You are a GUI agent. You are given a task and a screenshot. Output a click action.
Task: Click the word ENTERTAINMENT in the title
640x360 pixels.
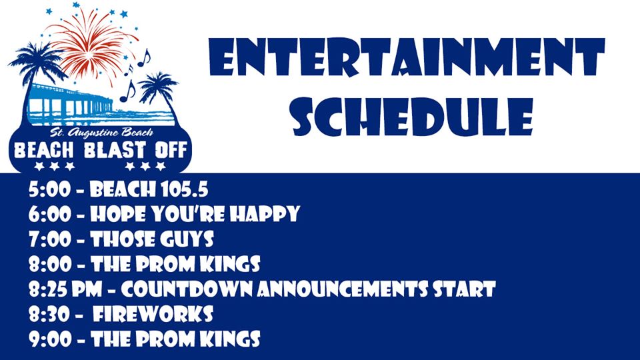click(x=407, y=57)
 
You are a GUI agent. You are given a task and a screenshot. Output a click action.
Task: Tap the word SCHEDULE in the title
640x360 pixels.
click(x=413, y=117)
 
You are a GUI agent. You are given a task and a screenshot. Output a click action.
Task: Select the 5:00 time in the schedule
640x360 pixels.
click(x=49, y=190)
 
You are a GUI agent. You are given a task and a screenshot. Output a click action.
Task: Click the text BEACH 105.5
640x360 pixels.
click(x=149, y=190)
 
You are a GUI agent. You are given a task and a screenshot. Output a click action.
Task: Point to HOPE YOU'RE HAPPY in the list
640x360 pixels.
click(x=195, y=214)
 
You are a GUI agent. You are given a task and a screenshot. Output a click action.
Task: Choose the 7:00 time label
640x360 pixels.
click(x=50, y=239)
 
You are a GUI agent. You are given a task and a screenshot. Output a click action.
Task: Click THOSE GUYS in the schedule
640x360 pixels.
click(x=152, y=239)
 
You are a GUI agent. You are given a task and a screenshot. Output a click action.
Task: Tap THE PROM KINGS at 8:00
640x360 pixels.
click(x=175, y=264)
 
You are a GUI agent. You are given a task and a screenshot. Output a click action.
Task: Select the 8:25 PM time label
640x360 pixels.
click(x=65, y=289)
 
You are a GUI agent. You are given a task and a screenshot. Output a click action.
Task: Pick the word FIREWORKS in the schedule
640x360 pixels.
click(x=153, y=314)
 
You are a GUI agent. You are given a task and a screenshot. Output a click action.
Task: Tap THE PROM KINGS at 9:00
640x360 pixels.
click(x=175, y=339)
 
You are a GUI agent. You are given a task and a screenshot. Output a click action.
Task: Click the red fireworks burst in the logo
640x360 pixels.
click(x=91, y=45)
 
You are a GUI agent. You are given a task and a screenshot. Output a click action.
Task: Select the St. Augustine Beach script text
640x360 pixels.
click(x=101, y=133)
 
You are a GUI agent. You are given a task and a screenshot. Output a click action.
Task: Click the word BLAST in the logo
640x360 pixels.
click(x=115, y=150)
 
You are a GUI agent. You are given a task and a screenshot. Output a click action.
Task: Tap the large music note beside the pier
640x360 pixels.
click(x=128, y=91)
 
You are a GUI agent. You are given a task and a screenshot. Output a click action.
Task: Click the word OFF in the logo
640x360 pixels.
click(x=171, y=150)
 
